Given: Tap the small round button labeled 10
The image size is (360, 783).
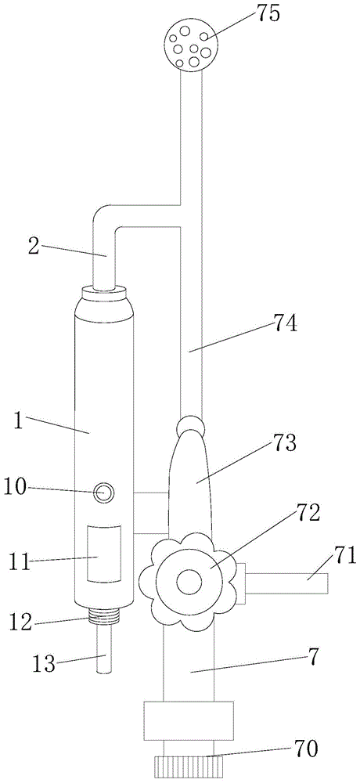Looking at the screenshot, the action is [x=104, y=493].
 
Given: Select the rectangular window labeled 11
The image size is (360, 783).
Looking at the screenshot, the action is [x=104, y=554].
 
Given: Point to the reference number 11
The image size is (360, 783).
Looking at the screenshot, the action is [x=20, y=561].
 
